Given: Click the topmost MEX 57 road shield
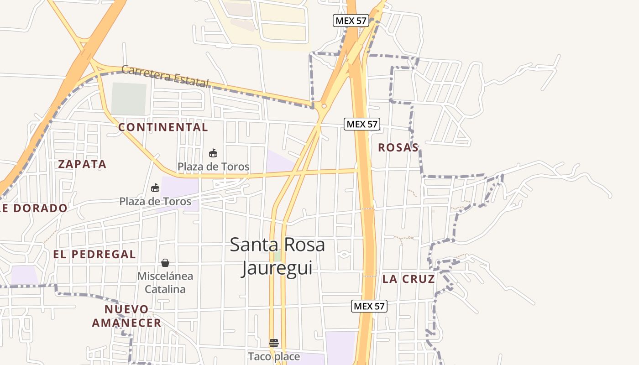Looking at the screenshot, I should (351, 21).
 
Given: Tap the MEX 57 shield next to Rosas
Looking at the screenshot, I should (362, 124).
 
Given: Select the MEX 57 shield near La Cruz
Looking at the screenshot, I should (369, 306).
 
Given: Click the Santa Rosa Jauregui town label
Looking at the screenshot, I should (277, 256).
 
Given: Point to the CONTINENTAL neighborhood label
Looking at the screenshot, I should (163, 127).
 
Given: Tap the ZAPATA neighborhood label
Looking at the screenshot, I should (82, 164).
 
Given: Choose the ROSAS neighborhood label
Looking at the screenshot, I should (398, 148).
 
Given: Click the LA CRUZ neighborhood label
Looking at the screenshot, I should (409, 279).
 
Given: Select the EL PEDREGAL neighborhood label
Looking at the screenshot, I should (94, 255).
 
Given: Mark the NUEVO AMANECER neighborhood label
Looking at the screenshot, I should (126, 316).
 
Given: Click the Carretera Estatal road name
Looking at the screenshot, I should (165, 76).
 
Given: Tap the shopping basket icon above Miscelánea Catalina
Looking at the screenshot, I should (165, 263).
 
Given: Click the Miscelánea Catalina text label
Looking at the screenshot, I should (165, 282).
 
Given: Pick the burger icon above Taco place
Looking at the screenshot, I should (273, 343).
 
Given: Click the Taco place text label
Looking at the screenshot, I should (274, 356).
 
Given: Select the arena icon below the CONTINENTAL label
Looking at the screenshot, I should (213, 153).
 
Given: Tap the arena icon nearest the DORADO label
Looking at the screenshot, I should (155, 188).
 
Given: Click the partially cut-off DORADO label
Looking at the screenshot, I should (34, 209).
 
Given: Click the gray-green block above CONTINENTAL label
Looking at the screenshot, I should (129, 99).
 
